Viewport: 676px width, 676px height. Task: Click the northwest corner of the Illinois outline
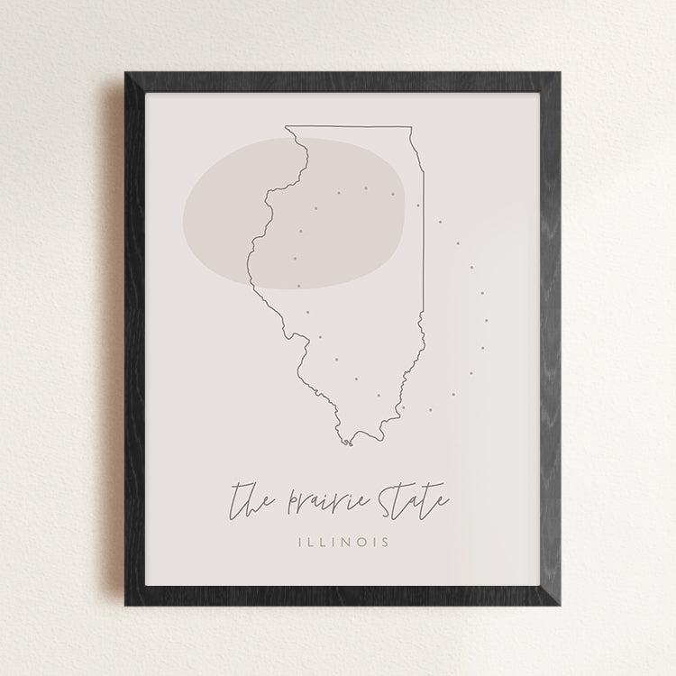(x=286, y=127)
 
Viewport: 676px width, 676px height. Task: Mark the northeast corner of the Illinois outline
(x=411, y=127)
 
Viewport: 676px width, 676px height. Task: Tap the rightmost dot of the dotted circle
(x=487, y=319)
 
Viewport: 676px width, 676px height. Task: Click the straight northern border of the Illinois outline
(x=349, y=127)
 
